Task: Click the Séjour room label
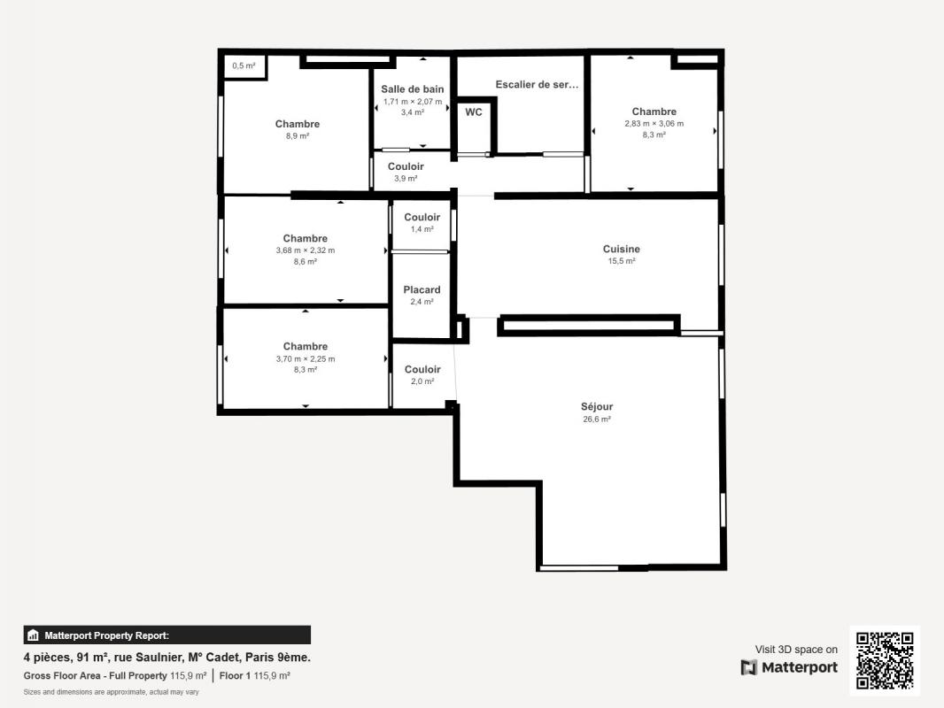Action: [x=597, y=406]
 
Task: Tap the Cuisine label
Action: [x=622, y=249]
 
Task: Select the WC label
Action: [x=474, y=112]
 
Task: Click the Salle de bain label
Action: [x=413, y=89]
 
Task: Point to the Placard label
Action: [x=422, y=290]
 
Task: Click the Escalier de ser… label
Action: [x=537, y=85]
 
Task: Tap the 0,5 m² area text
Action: [x=244, y=65]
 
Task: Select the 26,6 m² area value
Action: [x=597, y=419]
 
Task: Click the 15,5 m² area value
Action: [x=622, y=261]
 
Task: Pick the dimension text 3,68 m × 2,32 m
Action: [x=306, y=250]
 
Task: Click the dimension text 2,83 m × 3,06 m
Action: [x=654, y=123]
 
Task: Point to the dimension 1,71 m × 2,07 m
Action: [x=413, y=102]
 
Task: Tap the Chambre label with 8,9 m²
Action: [x=298, y=124]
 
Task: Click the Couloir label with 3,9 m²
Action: [x=406, y=166]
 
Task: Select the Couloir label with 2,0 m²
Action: [x=422, y=369]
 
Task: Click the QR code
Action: [x=885, y=660]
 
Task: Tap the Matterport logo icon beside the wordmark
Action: [x=749, y=667]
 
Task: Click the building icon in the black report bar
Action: [x=33, y=635]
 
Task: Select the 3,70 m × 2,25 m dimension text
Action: [x=306, y=359]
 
